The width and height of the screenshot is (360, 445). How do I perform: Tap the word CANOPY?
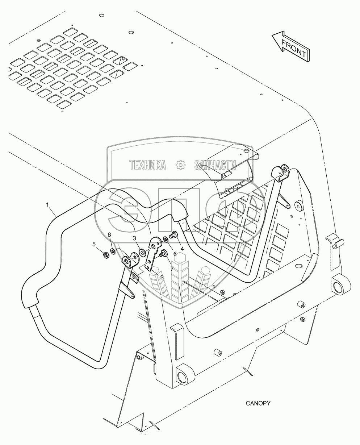click(x=258, y=403)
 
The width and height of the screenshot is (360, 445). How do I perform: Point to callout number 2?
click(x=162, y=277)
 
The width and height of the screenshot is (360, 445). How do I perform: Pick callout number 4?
click(x=182, y=249)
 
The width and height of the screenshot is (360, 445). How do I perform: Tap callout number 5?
click(x=94, y=244)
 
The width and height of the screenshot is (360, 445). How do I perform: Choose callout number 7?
click(x=172, y=269)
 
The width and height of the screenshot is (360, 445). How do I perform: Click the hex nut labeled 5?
click(x=106, y=255)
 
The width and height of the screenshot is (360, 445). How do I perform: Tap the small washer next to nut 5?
click(x=113, y=251)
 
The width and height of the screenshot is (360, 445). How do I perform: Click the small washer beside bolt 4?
click(x=166, y=239)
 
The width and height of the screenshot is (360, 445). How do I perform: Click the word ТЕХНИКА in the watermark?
click(x=148, y=165)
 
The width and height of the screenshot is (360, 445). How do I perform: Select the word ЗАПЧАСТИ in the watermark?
click(x=215, y=165)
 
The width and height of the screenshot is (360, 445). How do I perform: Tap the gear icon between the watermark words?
click(x=180, y=165)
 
